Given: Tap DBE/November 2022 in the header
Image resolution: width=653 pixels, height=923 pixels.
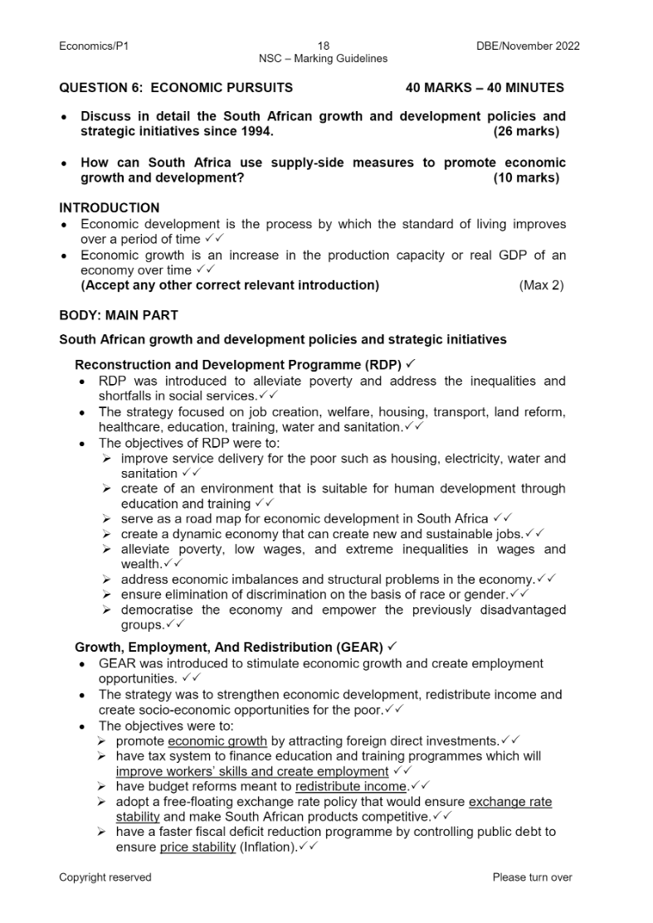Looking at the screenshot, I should tap(528, 46).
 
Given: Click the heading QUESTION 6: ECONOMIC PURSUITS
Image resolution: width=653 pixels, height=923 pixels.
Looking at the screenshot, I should tap(176, 88).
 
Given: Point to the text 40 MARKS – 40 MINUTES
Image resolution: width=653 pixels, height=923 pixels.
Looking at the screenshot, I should tap(485, 88).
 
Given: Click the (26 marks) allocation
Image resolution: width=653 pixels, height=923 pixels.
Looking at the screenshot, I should tap(526, 132).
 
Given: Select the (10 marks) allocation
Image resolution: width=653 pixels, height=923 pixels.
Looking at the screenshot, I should tap(526, 178).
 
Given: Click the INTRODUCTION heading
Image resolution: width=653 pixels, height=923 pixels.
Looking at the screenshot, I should tap(110, 208).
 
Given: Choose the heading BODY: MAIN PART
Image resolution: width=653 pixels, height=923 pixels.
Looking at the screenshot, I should tap(118, 316).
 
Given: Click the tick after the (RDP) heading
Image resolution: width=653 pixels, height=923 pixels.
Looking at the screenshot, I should tap(411, 364).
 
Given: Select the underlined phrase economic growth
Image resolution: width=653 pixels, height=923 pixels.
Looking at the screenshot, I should tap(217, 741).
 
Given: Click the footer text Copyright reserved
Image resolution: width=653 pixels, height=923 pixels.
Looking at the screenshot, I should tap(105, 877).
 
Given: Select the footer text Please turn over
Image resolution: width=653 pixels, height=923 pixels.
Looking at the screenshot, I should tap(532, 877).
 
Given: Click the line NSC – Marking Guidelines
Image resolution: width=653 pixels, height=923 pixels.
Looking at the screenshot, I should tap(323, 59).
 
